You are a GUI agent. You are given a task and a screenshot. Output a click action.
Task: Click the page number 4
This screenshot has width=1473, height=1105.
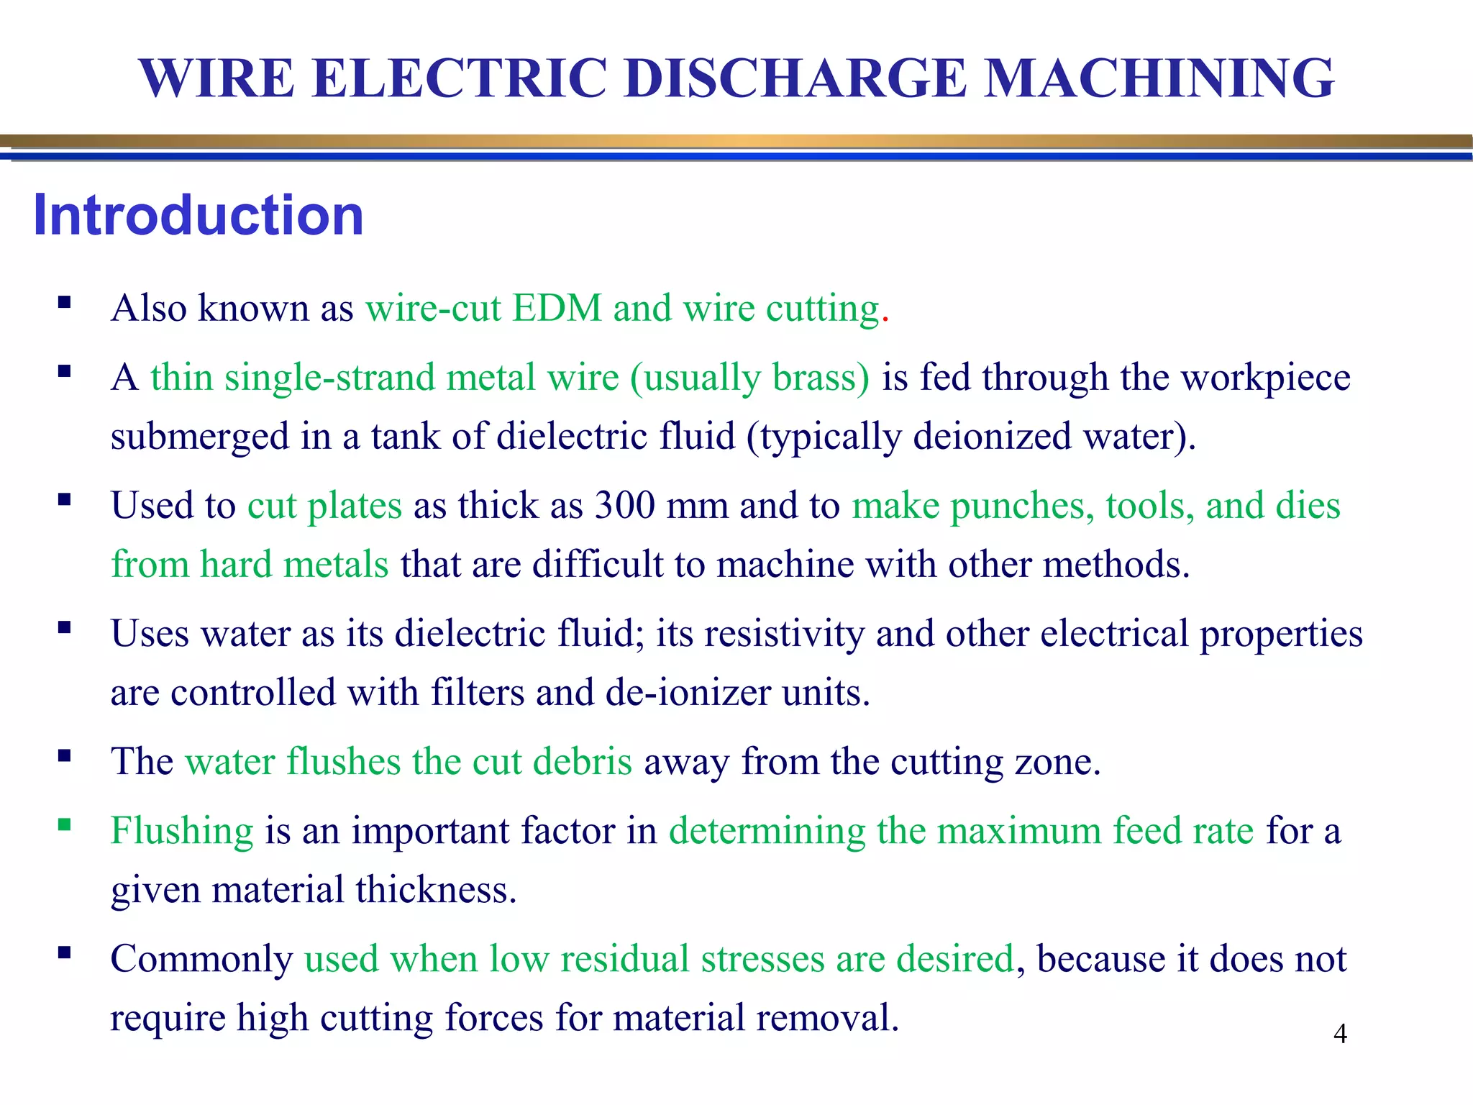click(1340, 1034)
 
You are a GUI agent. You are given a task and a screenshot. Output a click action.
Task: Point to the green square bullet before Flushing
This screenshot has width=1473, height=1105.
click(65, 824)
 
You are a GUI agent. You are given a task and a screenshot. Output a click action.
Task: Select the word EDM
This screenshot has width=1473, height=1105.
click(557, 308)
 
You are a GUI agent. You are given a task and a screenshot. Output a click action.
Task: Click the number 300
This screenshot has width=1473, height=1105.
click(624, 505)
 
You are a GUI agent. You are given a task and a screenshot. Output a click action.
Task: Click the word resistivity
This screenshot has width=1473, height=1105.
click(784, 634)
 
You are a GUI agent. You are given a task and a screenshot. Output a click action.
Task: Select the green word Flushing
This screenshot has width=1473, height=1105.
click(182, 831)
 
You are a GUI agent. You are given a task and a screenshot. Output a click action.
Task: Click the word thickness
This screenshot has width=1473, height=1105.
click(436, 890)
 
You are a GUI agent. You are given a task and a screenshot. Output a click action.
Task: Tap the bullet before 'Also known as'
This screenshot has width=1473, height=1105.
click(65, 302)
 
